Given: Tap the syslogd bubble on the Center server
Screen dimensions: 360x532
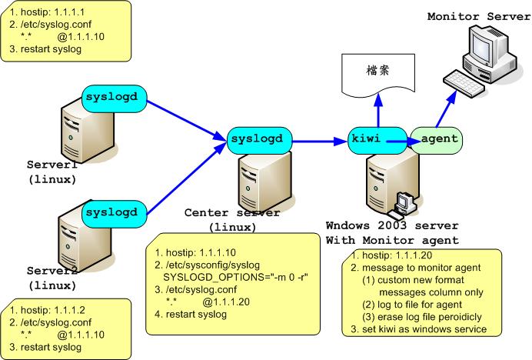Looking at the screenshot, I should (261, 139).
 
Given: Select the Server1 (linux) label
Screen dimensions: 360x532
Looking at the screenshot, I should (52, 172).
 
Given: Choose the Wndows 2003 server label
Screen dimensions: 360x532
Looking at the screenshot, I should (392, 226).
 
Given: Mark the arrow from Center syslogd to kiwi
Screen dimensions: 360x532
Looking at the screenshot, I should (321, 141).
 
